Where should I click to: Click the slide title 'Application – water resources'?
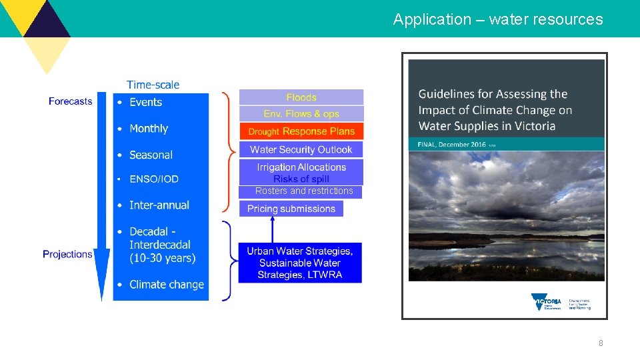click(497, 19)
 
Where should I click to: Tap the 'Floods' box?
click(301, 97)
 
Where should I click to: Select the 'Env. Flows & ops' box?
click(301, 114)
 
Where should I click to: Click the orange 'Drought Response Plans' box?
click(301, 131)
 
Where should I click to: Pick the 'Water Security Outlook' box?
click(301, 149)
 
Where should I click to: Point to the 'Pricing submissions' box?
click(291, 209)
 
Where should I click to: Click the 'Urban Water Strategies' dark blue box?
click(300, 263)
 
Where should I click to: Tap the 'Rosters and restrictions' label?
click(304, 191)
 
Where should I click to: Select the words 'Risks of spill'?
click(301, 179)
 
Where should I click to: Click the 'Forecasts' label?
click(70, 101)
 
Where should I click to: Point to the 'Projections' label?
click(67, 254)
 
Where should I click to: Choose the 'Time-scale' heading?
click(153, 85)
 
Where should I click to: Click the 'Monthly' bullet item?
click(149, 129)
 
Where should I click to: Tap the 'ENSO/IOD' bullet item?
click(154, 179)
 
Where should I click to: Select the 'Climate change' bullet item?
click(167, 285)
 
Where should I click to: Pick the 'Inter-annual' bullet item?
click(159, 205)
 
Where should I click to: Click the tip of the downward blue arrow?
click(102, 299)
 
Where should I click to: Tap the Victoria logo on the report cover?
click(546, 301)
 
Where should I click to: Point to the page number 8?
click(601, 343)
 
